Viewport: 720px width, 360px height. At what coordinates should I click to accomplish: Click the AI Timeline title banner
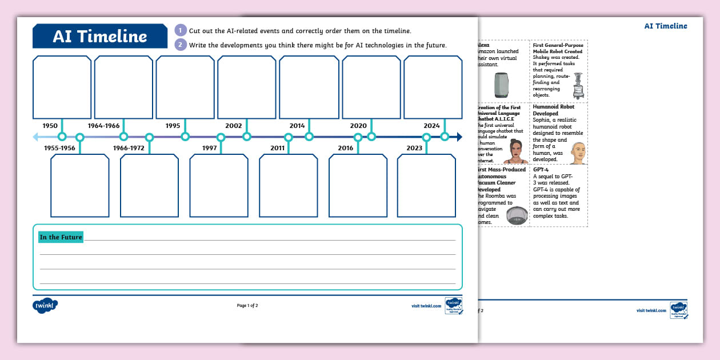pyautogui.click(x=100, y=36)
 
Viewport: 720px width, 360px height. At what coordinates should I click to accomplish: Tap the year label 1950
pyautogui.click(x=50, y=126)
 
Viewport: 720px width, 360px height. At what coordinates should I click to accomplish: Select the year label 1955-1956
pyautogui.click(x=60, y=148)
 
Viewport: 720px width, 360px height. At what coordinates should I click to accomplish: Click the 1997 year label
pyautogui.click(x=209, y=148)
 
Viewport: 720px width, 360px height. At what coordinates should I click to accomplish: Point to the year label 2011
pyautogui.click(x=278, y=148)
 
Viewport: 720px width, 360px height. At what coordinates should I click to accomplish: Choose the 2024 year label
pyautogui.click(x=431, y=126)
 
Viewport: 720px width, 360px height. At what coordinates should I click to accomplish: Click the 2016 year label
pyautogui.click(x=346, y=148)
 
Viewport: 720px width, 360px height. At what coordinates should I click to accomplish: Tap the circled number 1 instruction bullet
pyautogui.click(x=181, y=31)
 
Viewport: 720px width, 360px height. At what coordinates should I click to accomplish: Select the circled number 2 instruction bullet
pyautogui.click(x=181, y=45)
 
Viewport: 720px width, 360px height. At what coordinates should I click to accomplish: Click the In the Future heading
pyautogui.click(x=61, y=237)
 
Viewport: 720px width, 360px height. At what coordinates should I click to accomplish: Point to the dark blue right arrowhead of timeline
pyautogui.click(x=459, y=137)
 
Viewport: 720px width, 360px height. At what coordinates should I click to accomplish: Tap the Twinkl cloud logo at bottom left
pyautogui.click(x=45, y=306)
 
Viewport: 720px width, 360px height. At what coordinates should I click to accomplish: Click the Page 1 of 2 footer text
pyautogui.click(x=247, y=306)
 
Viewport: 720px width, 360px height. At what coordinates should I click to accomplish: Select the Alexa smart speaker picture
pyautogui.click(x=501, y=86)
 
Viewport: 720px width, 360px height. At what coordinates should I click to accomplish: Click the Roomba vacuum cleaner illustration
pyautogui.click(x=517, y=215)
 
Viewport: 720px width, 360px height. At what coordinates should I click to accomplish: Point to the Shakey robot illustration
pyautogui.click(x=578, y=86)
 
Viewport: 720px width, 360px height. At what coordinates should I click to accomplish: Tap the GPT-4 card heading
pyautogui.click(x=541, y=170)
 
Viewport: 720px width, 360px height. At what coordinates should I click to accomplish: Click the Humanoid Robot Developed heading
pyautogui.click(x=554, y=110)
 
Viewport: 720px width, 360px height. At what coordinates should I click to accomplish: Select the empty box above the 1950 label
pyautogui.click(x=62, y=87)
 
